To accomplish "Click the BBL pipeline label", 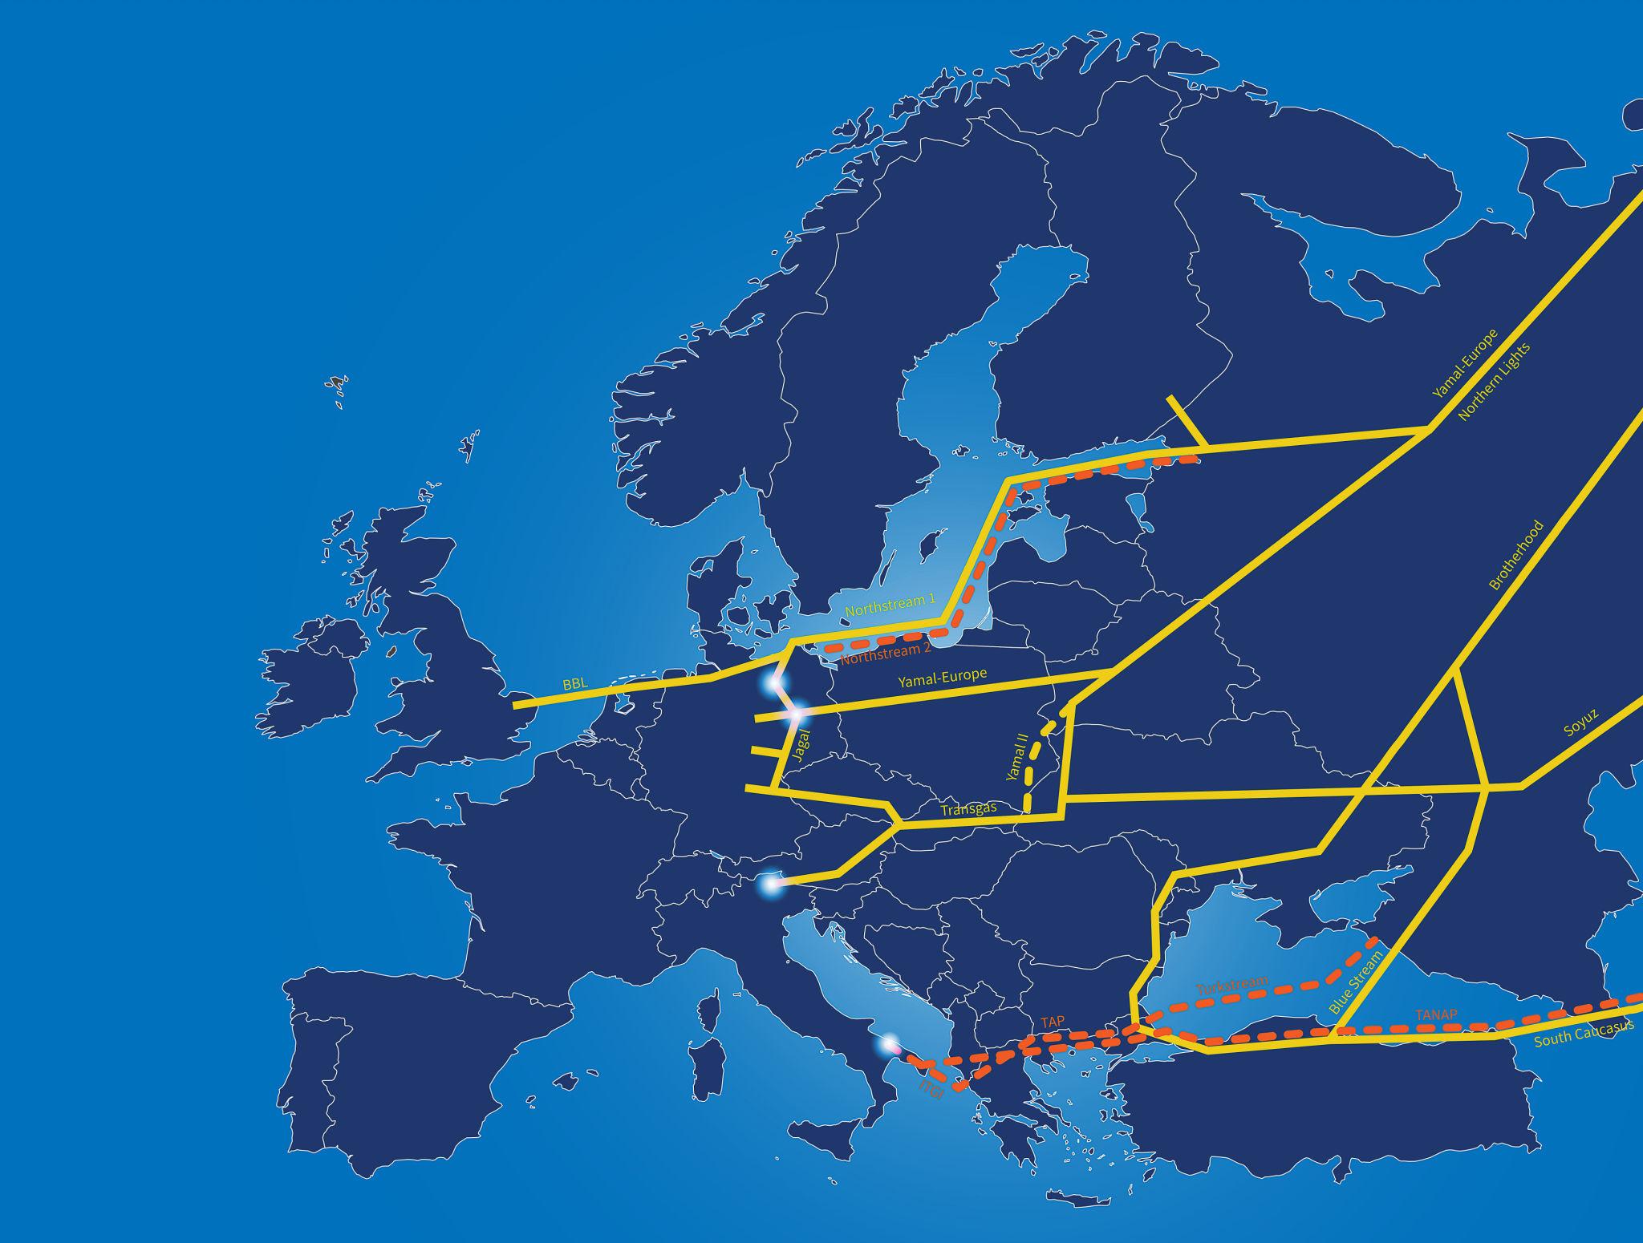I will pyautogui.click(x=575, y=685).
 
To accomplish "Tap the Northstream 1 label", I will pyautogui.click(x=879, y=605).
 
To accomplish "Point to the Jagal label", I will pyautogui.click(x=797, y=755).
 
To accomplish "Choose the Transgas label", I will pyautogui.click(x=968, y=809).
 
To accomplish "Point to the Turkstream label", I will pyautogui.click(x=1232, y=986).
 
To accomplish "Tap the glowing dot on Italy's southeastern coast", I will pyautogui.click(x=888, y=1045).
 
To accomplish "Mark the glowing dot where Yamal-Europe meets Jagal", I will pyautogui.click(x=797, y=711).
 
